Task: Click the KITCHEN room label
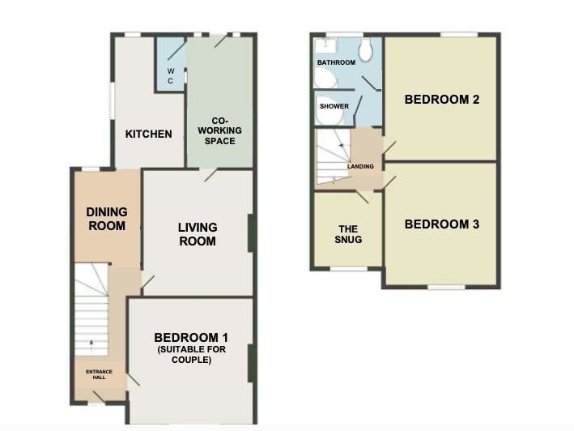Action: (x=149, y=134)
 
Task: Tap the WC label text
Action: (x=171, y=76)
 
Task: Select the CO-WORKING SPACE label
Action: (x=219, y=130)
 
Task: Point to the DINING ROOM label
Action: (x=107, y=219)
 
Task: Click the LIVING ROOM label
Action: (x=198, y=234)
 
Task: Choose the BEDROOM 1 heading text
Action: (x=191, y=337)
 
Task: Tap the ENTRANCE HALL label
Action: (x=100, y=374)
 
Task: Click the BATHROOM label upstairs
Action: (x=337, y=62)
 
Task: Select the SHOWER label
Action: (x=334, y=106)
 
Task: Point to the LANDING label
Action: (x=360, y=167)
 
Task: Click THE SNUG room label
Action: (x=348, y=234)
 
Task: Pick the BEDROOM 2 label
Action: (x=442, y=100)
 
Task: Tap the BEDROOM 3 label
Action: (x=442, y=224)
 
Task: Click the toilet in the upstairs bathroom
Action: (x=365, y=49)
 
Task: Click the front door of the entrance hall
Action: (x=99, y=397)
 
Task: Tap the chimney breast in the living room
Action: (x=252, y=233)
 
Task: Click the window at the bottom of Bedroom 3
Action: (x=447, y=287)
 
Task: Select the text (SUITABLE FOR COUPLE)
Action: (x=191, y=355)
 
